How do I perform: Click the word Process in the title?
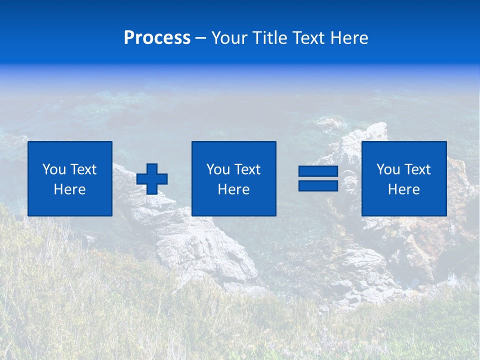(x=157, y=38)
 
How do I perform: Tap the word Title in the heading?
(x=268, y=38)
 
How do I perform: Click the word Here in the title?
(x=349, y=38)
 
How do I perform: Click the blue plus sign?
(x=152, y=179)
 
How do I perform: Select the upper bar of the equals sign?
(x=318, y=171)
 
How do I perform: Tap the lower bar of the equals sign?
(x=318, y=185)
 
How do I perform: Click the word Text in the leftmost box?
(x=83, y=169)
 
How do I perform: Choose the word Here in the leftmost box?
(x=70, y=189)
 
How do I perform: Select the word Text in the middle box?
(x=247, y=169)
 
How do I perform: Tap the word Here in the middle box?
(x=234, y=189)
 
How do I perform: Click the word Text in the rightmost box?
(x=417, y=169)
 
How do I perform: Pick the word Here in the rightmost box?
(x=404, y=189)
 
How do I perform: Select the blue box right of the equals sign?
(x=404, y=205)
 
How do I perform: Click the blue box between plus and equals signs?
(x=234, y=205)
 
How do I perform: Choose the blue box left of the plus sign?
(x=70, y=205)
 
